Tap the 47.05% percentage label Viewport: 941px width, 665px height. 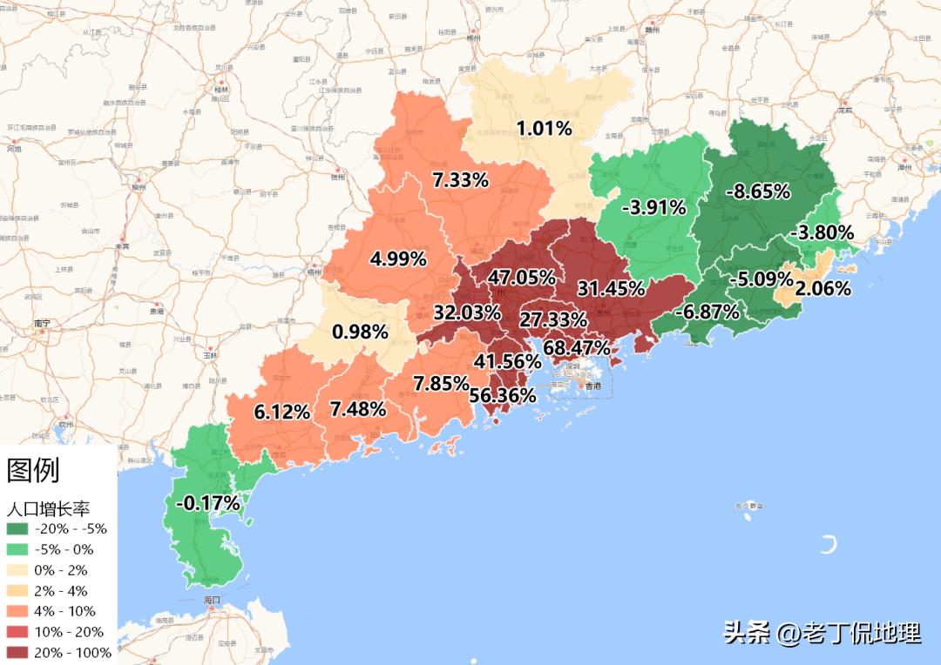521,278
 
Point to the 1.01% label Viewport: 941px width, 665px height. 544,129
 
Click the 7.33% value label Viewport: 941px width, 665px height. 460,180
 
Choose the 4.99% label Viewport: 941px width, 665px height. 398,259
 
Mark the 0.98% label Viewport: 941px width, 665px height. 360,332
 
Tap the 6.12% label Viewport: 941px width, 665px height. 282,413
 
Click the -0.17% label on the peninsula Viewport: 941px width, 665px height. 207,502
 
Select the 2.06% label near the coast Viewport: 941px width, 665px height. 823,289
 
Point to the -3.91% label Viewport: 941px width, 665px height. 653,207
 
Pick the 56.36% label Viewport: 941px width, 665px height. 503,395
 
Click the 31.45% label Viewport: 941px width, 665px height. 611,288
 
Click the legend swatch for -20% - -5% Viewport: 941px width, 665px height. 17,528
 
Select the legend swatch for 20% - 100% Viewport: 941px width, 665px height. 17,653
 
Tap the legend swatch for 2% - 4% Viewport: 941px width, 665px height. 17,591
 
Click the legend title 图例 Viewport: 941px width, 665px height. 33,471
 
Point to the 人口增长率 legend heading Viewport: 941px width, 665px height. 49,509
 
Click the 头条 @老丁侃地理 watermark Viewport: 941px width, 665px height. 822,633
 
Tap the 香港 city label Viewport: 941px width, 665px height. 593,385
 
